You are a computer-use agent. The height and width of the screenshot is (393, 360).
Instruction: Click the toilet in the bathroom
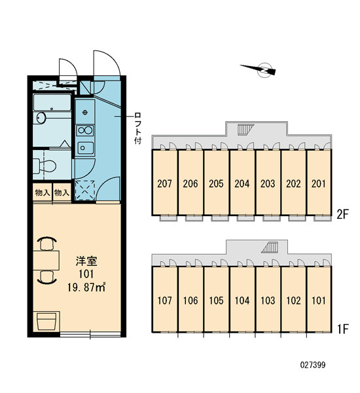45,166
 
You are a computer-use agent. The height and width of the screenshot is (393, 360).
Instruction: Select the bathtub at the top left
52,102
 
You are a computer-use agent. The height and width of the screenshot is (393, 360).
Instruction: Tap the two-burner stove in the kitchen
85,130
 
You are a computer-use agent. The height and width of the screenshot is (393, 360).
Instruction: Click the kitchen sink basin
85,148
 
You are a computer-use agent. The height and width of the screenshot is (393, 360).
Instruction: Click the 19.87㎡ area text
86,288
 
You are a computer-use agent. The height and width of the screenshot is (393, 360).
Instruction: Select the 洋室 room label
86,261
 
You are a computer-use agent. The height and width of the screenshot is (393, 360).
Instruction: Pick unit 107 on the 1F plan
165,299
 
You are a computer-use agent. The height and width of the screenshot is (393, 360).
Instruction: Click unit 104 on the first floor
242,299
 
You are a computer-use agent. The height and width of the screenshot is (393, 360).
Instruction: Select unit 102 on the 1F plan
293,299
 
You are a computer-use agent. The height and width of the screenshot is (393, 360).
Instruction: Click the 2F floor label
342,214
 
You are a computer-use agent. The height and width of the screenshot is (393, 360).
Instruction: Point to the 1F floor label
343,329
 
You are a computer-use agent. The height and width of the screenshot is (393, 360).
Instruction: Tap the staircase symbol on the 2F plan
245,129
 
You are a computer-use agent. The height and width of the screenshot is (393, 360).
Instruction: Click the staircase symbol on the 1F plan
270,248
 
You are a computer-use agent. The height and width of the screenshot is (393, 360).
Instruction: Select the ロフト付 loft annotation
138,128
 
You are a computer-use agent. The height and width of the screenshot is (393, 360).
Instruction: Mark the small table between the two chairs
46,260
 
